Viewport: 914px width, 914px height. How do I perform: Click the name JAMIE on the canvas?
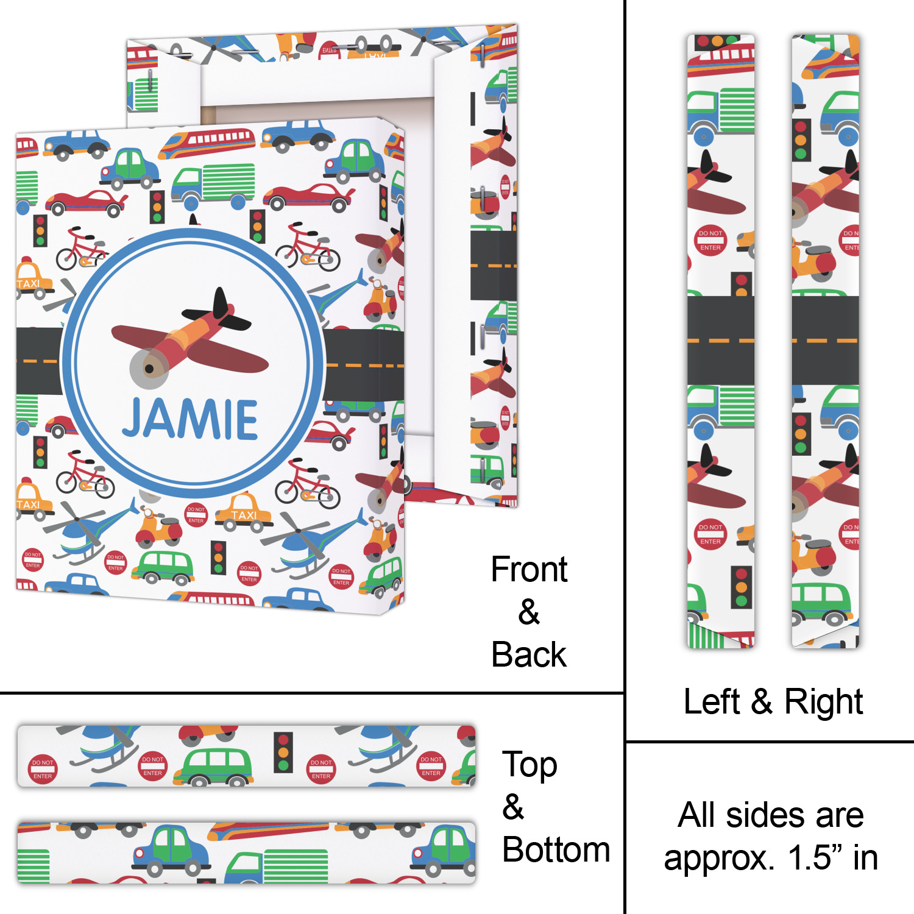coord(190,419)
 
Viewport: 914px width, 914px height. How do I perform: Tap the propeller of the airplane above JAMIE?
coord(149,368)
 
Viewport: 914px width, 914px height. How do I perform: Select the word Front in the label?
coord(529,570)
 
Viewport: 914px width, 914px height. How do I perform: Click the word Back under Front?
coord(529,655)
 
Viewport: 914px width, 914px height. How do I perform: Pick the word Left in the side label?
coord(711,701)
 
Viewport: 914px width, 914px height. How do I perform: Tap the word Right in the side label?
coord(823,701)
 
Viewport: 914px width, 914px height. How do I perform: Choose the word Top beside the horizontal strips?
coord(529,765)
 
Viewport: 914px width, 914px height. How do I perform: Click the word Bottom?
coord(556,849)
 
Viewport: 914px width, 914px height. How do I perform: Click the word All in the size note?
coord(697,815)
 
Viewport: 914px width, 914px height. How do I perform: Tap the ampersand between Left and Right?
coord(762,701)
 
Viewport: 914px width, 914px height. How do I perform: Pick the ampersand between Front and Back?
coord(529,612)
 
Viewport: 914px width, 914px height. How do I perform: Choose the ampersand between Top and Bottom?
coord(513,807)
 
